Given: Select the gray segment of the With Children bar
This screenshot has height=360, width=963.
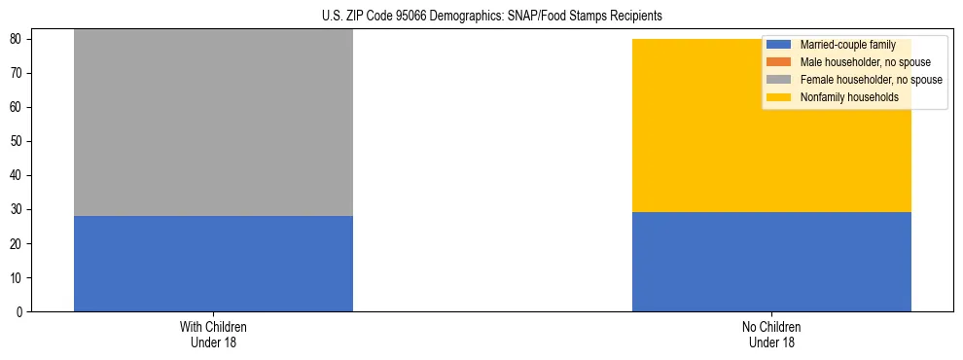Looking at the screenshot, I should (x=213, y=123).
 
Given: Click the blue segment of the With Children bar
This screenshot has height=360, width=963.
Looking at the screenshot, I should (x=213, y=264).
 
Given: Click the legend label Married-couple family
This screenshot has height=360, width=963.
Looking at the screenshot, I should (x=847, y=45).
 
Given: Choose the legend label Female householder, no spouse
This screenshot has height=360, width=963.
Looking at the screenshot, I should (x=872, y=80).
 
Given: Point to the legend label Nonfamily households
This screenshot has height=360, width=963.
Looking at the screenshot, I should (x=849, y=97).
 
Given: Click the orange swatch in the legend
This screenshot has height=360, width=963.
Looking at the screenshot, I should (x=779, y=62).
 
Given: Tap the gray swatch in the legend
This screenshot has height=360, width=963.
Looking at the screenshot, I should (x=779, y=80).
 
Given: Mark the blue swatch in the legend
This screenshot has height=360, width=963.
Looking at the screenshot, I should (x=779, y=45).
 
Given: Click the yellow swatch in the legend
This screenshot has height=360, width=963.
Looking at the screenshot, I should (x=779, y=97).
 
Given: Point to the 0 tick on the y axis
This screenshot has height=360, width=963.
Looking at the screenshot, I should (x=20, y=312).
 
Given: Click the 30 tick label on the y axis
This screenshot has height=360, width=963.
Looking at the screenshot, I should (x=18, y=210).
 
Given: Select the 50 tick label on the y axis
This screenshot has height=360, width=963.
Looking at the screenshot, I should (x=18, y=142).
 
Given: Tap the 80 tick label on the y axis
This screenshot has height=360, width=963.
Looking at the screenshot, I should (x=18, y=40).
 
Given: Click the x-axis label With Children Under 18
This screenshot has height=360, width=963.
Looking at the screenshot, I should (x=213, y=334).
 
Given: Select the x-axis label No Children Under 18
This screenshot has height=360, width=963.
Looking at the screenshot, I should (x=771, y=334).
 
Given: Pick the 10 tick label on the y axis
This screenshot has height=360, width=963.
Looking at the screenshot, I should (x=18, y=278).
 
